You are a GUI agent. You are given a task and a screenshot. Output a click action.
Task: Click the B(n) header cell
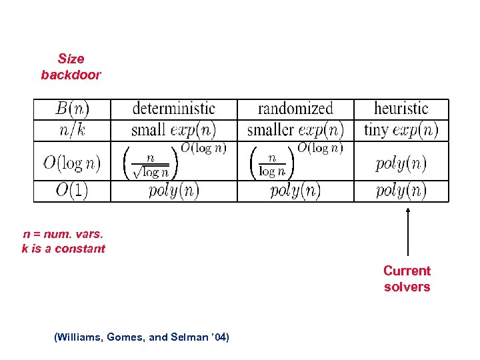[x=72, y=109]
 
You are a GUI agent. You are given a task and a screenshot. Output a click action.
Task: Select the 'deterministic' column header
[x=173, y=109]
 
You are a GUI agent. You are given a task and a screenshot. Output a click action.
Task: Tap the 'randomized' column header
[x=295, y=109]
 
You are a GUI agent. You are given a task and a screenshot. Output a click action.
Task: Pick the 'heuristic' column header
[x=401, y=109]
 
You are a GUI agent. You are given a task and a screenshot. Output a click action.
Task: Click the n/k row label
[x=72, y=129]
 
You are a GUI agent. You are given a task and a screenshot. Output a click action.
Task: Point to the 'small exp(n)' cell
[x=173, y=129]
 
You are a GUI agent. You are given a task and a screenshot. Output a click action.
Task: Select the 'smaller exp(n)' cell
[x=295, y=129]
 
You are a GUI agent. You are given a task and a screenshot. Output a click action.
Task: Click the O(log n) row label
[x=72, y=162]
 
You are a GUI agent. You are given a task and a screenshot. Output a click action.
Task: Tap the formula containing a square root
[x=175, y=161]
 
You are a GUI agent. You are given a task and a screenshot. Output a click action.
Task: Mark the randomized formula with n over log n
[x=296, y=161]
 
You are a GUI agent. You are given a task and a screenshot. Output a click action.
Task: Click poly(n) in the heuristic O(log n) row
[x=401, y=163]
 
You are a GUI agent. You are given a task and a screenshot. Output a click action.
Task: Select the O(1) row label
[x=72, y=191]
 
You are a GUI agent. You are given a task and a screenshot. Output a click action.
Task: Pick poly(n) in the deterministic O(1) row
[x=173, y=191]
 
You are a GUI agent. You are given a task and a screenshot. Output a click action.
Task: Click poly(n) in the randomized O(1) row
[x=295, y=191]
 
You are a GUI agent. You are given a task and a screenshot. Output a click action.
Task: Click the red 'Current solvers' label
[x=407, y=279]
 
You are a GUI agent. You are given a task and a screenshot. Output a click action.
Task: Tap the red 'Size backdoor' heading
[x=71, y=67]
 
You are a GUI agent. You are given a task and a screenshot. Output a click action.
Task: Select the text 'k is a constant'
[x=63, y=249]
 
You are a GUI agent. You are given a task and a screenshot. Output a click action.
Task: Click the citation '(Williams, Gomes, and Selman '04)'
[x=141, y=337]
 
